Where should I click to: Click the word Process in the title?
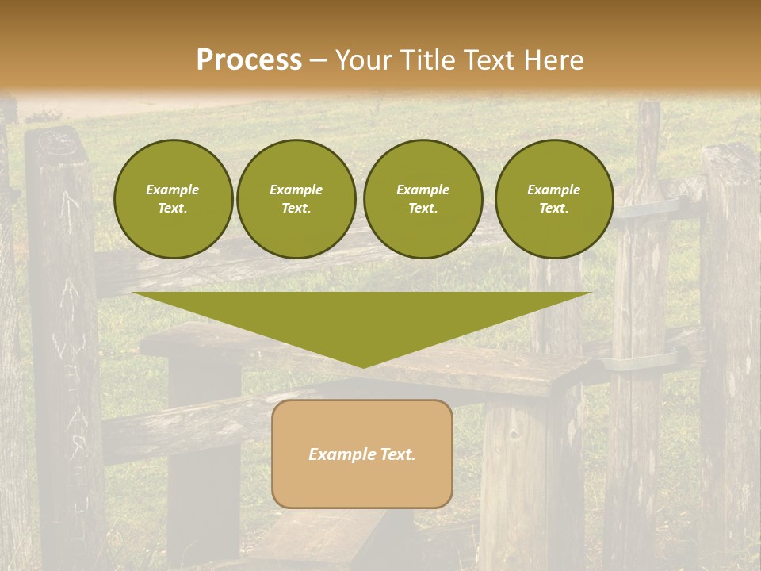tap(249, 60)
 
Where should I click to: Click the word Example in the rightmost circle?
tap(553, 190)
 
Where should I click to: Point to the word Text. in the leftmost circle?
tap(172, 209)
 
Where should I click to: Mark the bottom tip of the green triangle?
tap(363, 366)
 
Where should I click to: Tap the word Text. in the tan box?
tap(399, 454)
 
